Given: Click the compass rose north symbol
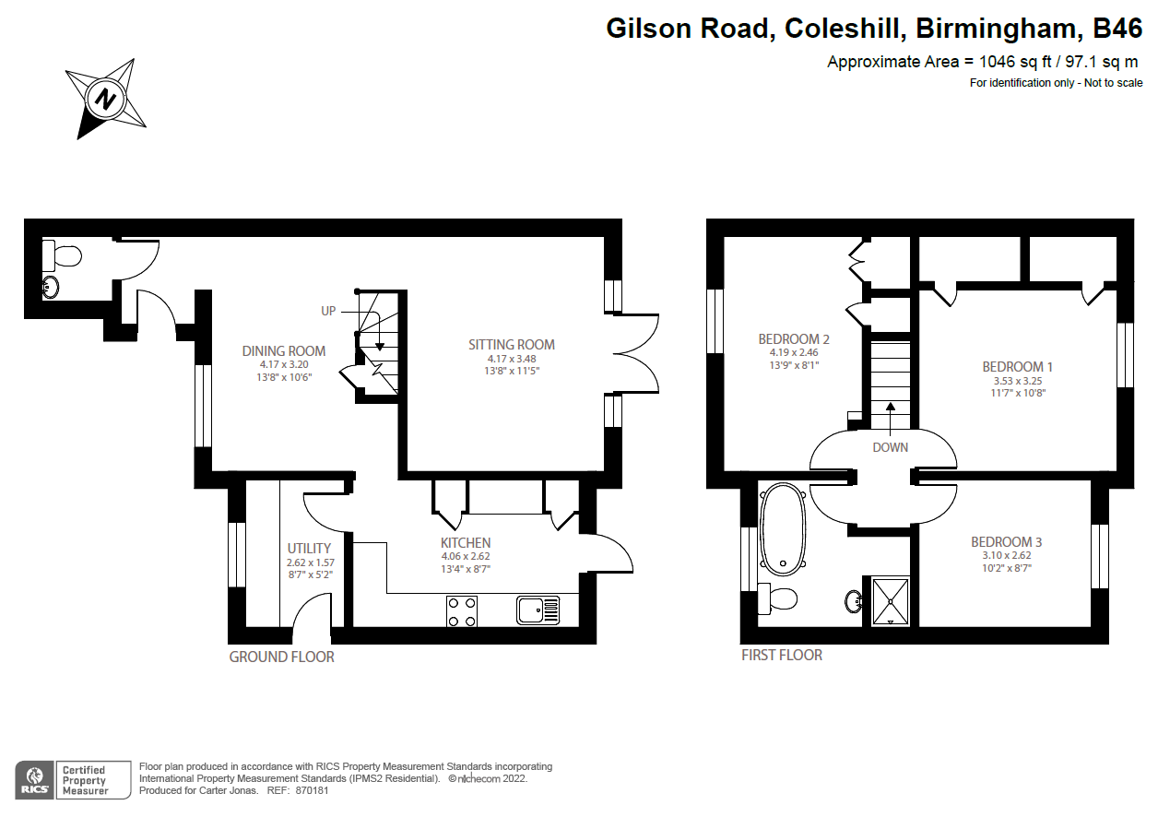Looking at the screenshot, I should tap(106, 98).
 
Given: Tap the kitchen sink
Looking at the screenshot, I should tap(538, 610).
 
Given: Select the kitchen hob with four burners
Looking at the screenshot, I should tap(463, 610).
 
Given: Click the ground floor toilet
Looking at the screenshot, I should tap(65, 254).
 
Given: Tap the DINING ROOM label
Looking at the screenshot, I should tap(283, 350).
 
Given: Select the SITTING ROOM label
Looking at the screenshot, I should tap(512, 345).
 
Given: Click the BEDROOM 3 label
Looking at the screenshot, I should tap(1006, 542).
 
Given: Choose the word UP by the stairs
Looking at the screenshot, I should tap(328, 311).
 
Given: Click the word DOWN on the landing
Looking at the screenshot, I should tap(890, 447).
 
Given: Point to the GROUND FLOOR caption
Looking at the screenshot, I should tap(281, 657).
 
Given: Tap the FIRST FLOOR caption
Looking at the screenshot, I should tap(781, 655).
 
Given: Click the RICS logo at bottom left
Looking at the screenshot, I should tap(34, 778).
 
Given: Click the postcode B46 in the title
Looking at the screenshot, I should tap(1117, 29).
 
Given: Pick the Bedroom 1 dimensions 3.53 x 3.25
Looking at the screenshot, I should tap(1018, 380).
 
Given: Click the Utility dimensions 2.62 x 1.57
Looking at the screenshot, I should tap(309, 562).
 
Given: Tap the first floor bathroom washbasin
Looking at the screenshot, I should tap(853, 601).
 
